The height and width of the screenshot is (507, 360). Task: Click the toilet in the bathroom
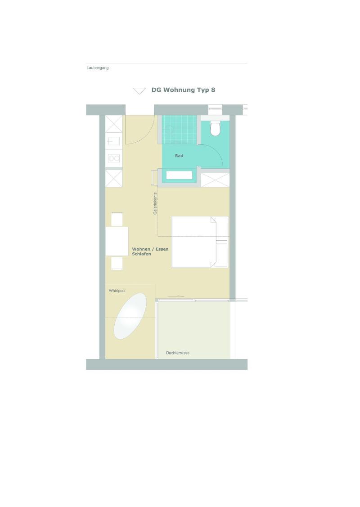pyautogui.click(x=216, y=128)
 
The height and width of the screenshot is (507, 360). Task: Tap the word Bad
pyautogui.click(x=179, y=156)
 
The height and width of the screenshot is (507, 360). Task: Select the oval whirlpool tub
pyautogui.click(x=130, y=316)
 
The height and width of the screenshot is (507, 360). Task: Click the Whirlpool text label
pyautogui.click(x=117, y=291)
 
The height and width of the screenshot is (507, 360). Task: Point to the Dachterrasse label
pyautogui.click(x=178, y=353)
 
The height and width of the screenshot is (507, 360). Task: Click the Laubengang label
pyautogui.click(x=98, y=68)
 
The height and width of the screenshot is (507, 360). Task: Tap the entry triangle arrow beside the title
pyautogui.click(x=139, y=91)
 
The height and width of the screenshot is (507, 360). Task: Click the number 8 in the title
pyautogui.click(x=213, y=90)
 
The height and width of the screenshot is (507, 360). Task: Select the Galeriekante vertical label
pyautogui.click(x=155, y=203)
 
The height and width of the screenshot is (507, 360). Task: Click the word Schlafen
pyautogui.click(x=141, y=254)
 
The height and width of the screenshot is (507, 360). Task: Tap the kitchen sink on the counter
pyautogui.click(x=114, y=141)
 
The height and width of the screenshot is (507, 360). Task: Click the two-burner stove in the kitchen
pyautogui.click(x=114, y=158)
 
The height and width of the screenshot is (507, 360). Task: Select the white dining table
pyautogui.click(x=117, y=241)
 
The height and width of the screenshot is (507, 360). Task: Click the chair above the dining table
pyautogui.click(x=117, y=219)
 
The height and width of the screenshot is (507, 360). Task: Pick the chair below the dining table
pyautogui.click(x=117, y=263)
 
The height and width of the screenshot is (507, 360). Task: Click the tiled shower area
pyautogui.click(x=179, y=130)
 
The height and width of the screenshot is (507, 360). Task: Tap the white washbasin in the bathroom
pyautogui.click(x=179, y=175)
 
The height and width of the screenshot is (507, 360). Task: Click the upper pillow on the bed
pyautogui.click(x=221, y=229)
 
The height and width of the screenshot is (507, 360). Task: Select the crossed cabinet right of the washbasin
pyautogui.click(x=215, y=180)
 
